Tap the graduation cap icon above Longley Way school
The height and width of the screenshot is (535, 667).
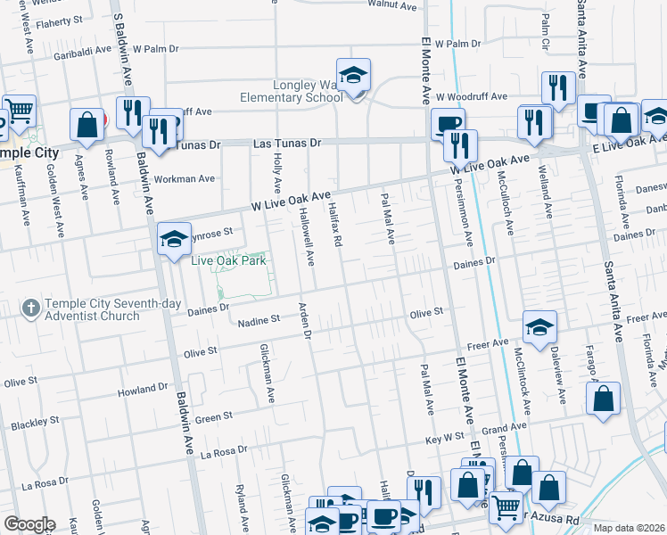click(353, 76)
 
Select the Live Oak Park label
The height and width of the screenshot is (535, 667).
click(230, 260)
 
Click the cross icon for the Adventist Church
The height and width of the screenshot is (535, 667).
click(30, 309)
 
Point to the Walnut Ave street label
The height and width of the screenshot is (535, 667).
click(399, 6)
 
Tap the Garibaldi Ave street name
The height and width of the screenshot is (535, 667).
click(83, 53)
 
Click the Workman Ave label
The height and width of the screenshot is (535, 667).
click(185, 178)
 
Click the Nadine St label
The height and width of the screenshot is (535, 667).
click(258, 318)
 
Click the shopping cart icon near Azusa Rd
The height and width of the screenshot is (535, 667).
click(506, 507)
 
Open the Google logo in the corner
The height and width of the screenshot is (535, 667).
click(29, 524)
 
